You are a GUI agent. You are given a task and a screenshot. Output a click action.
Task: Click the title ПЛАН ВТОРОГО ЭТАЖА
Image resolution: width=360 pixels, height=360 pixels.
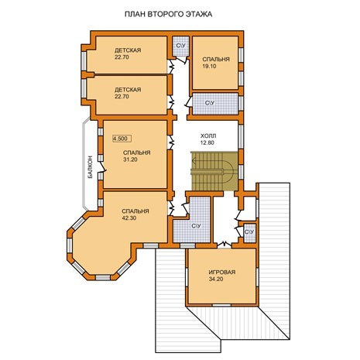tap(168, 14)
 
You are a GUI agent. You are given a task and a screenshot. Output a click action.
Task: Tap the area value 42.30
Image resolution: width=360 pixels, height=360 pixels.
tap(129, 218)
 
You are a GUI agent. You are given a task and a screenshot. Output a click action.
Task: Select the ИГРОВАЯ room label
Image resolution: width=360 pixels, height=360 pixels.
tap(222, 272)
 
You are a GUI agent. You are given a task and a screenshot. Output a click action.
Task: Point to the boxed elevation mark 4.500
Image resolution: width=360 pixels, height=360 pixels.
tap(122, 139)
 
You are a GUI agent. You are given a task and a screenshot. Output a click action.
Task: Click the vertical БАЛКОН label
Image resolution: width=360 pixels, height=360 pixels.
tap(90, 167)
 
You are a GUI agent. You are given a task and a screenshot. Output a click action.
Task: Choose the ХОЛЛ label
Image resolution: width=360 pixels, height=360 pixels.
tap(208, 135)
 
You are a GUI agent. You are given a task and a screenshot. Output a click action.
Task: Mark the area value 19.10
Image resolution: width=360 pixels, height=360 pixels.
tap(209, 66)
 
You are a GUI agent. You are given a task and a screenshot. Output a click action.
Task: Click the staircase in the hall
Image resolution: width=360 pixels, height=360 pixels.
tap(214, 171)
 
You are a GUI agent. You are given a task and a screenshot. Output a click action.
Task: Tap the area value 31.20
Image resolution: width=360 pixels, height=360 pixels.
tap(130, 159)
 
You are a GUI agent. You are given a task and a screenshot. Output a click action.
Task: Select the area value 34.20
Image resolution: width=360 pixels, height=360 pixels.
tap(216, 279)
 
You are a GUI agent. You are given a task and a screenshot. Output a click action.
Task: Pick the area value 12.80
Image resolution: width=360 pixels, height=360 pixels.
tap(207, 142)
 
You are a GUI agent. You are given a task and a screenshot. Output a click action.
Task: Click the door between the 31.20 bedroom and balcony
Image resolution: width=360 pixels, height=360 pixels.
tap(102, 167)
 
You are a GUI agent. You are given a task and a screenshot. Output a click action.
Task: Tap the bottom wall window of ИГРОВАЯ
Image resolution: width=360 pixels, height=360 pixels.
tap(221, 305)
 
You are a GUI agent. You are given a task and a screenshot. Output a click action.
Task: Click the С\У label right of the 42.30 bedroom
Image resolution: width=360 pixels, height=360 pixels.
tap(196, 226)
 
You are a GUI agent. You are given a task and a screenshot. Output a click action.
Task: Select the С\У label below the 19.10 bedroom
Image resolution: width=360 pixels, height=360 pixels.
tap(210, 103)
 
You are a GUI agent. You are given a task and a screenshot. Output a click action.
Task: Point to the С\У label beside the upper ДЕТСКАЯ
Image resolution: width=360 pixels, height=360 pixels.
tap(180, 46)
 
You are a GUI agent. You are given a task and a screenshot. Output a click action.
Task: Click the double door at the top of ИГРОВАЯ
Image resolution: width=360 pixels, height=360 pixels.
tap(225, 244)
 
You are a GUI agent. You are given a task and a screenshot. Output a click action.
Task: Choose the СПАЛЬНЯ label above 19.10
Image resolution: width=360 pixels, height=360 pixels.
tap(216, 59)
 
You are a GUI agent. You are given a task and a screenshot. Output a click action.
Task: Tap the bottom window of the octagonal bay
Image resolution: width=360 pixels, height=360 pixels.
tap(103, 277)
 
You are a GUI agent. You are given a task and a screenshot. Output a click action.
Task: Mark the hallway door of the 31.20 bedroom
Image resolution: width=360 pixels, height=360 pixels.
tap(170, 142)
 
